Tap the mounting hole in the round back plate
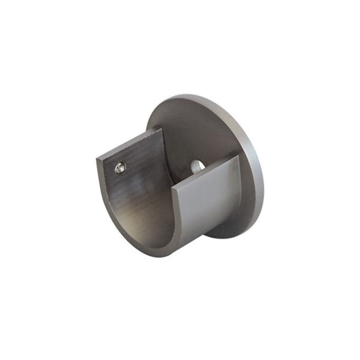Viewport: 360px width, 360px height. [197, 164]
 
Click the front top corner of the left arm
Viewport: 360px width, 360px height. [98, 159]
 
